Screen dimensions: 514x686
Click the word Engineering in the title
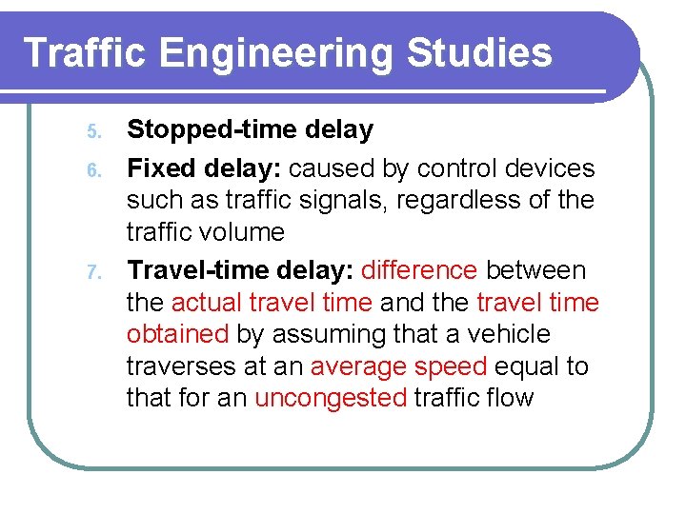pos(275,54)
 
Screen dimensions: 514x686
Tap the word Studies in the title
pos(479,52)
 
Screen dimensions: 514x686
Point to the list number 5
pos(92,130)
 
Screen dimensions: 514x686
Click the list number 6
pos(92,170)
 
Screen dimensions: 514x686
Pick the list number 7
pos(92,272)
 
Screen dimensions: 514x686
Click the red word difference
pos(419,270)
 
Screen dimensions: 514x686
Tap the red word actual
pos(207,303)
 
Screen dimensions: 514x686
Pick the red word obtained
pos(178,334)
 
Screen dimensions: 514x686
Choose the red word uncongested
pos(331,398)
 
